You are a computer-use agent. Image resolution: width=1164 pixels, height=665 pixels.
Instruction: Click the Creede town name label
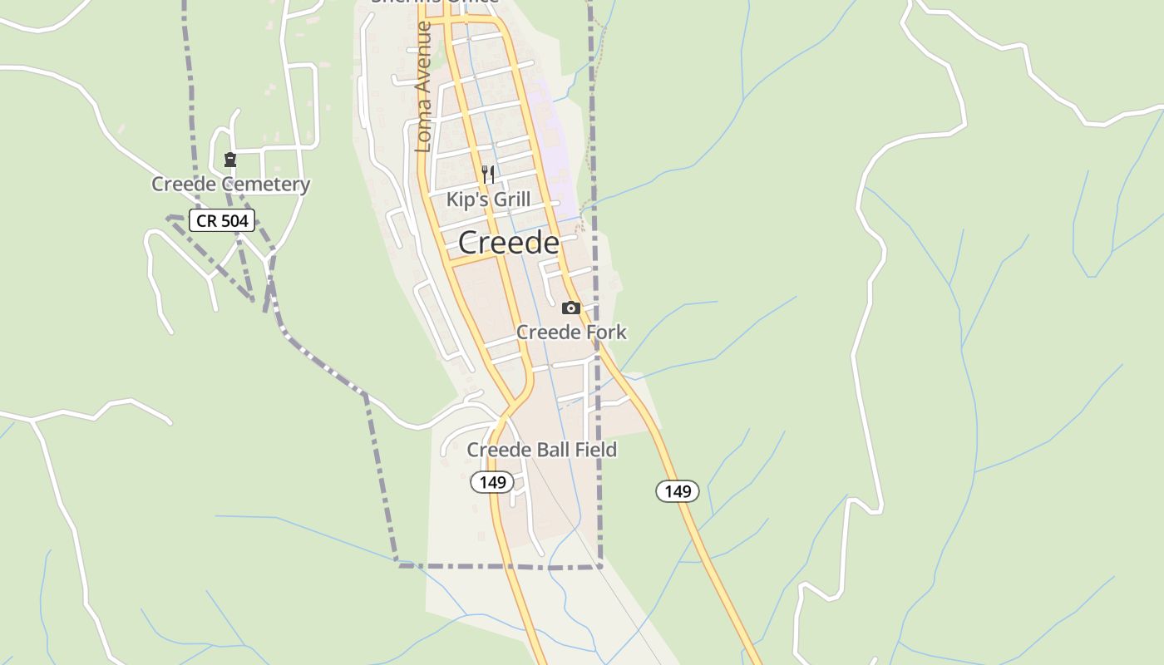(508, 243)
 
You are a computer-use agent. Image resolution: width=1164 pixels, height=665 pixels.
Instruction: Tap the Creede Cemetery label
(230, 185)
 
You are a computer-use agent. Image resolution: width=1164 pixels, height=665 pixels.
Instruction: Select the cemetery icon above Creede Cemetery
(230, 160)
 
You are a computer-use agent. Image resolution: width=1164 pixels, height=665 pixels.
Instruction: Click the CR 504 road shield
(221, 220)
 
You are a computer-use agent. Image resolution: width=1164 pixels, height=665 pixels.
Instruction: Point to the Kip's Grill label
(488, 199)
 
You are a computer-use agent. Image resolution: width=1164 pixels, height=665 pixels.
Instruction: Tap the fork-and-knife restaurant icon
(488, 175)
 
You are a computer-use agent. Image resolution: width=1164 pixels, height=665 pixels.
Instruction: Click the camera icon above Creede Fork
(570, 308)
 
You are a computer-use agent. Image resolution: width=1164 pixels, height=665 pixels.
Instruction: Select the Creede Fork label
(571, 332)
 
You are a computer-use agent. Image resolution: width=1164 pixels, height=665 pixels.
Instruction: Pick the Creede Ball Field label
(541, 450)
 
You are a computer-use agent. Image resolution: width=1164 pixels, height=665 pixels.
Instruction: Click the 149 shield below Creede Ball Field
(492, 482)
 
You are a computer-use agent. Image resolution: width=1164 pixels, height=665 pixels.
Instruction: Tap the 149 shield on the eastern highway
(678, 491)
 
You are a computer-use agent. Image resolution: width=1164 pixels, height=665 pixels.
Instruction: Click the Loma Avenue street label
(423, 87)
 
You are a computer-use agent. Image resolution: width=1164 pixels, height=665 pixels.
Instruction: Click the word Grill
(512, 199)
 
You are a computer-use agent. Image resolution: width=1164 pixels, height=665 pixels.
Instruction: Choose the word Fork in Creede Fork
(608, 332)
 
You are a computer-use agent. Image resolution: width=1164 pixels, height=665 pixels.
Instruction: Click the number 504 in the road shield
(234, 220)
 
